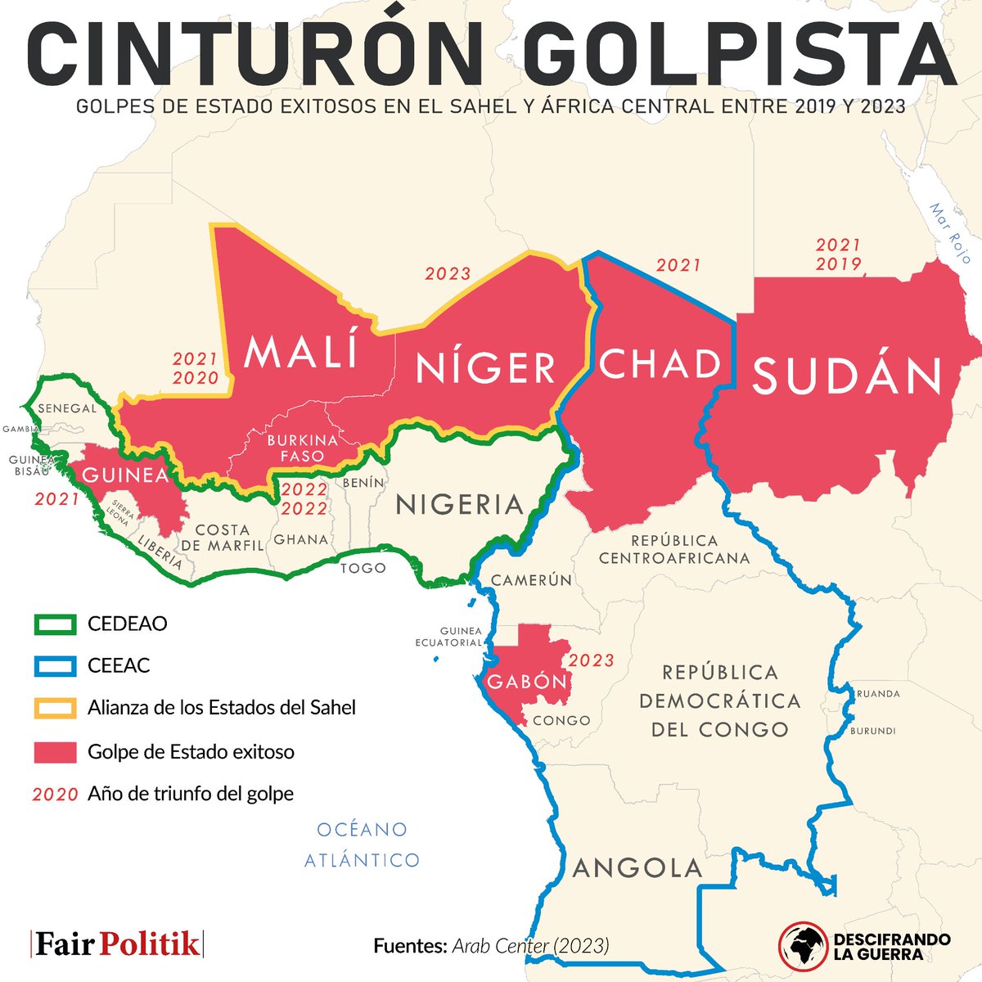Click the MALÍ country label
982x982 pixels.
coord(302,352)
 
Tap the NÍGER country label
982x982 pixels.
coord(486,368)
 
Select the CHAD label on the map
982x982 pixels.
coord(660,364)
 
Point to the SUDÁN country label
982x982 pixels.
coord(847,376)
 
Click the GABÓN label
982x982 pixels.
coord(527,682)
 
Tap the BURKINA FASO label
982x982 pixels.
coord(302,448)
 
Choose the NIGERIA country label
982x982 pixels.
coord(459,505)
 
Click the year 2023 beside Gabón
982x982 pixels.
coord(591,660)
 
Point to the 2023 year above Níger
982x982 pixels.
coord(448,273)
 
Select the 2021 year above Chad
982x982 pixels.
coord(678,264)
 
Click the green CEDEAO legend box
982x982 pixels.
coord(55,624)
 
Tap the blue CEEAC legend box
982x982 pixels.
coord(55,666)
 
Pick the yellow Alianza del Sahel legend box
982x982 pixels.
coord(55,708)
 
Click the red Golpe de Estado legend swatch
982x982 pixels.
coord(55,752)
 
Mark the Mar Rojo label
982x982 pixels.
coord(949,233)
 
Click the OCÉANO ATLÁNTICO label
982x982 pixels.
coord(362,845)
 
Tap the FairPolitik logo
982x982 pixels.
coord(116,944)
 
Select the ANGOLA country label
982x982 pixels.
coord(637,867)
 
